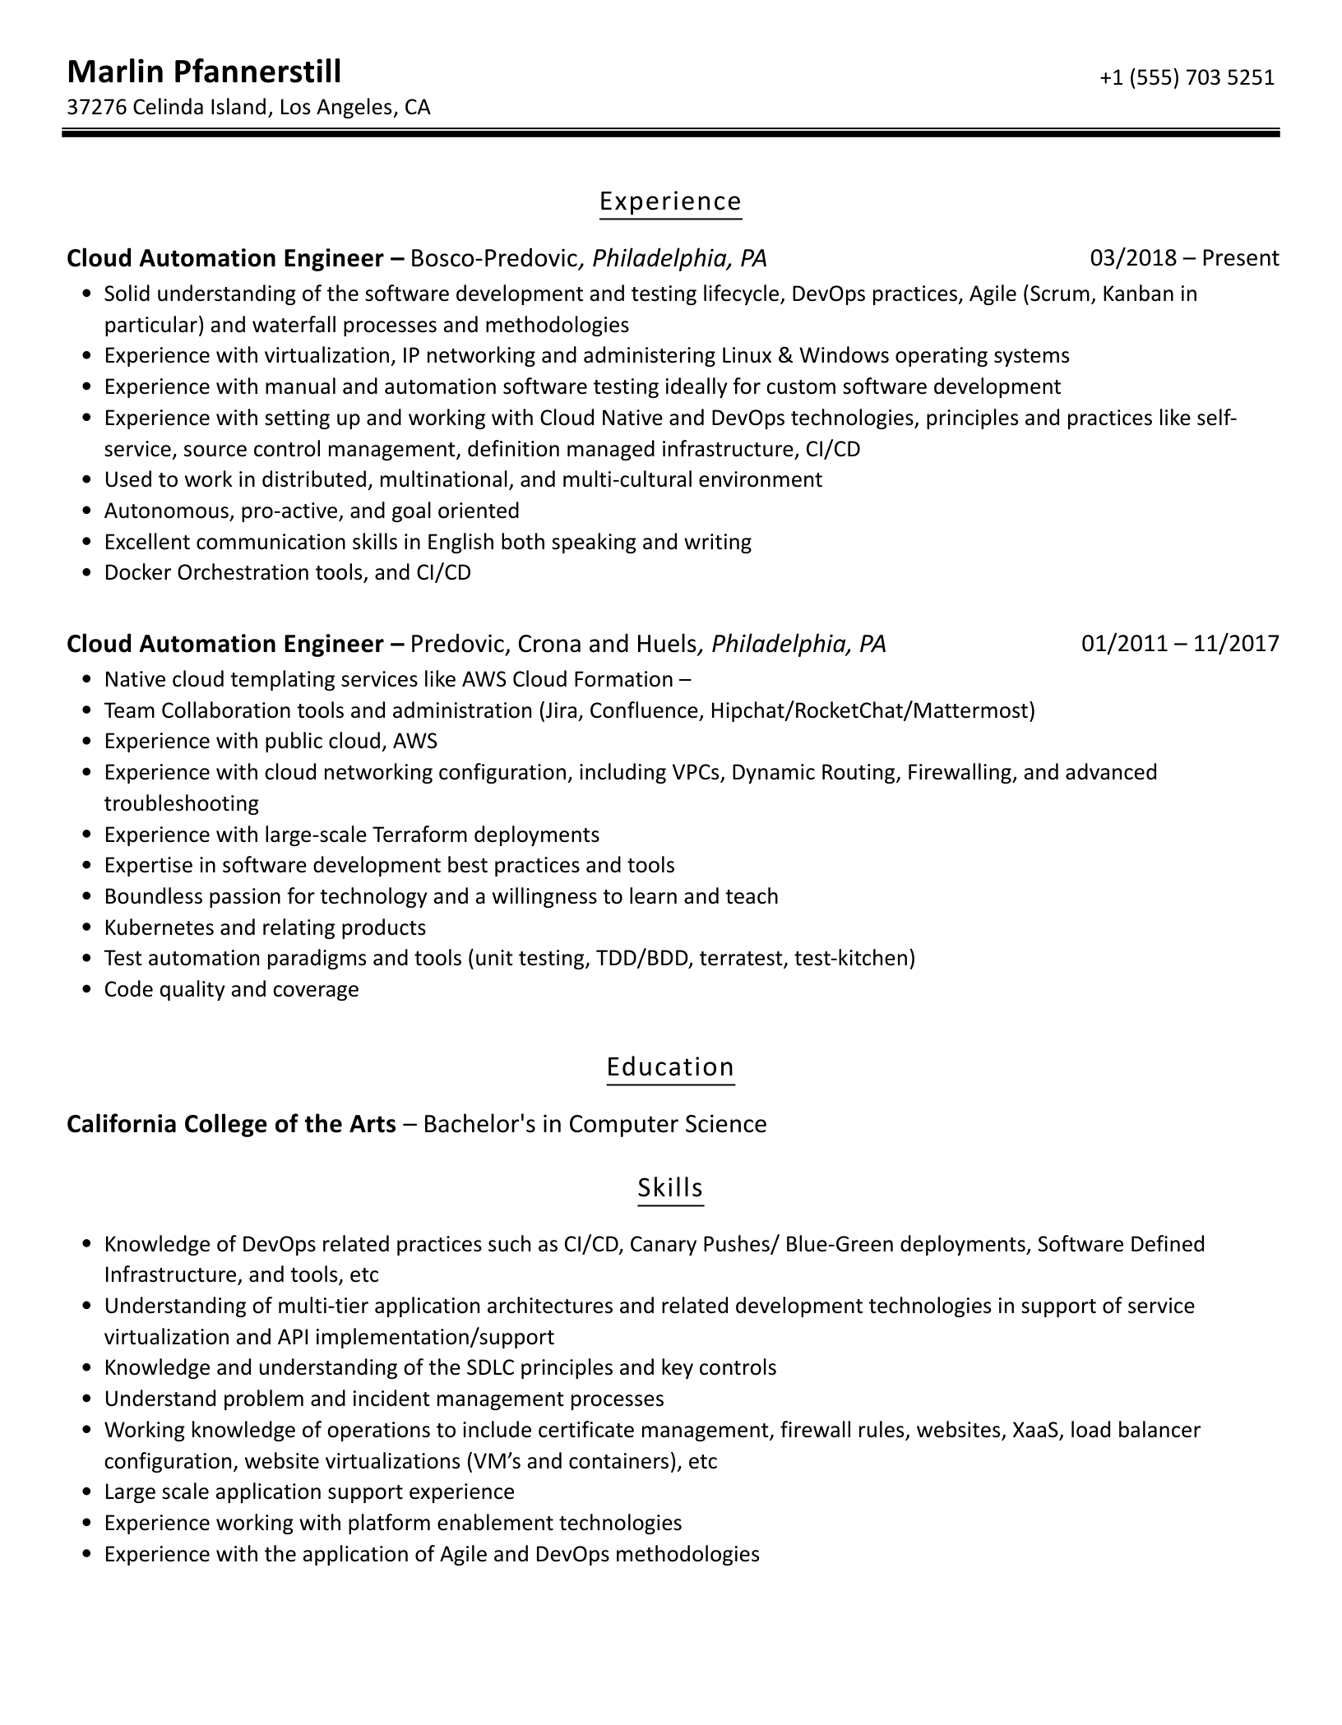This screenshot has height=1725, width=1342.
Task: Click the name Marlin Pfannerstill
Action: tap(203, 72)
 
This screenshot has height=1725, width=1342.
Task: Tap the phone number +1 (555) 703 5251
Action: tap(1187, 77)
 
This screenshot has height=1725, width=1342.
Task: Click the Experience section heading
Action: tap(670, 201)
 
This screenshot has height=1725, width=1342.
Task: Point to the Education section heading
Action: tap(670, 1066)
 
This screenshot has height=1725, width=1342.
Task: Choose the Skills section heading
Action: tap(670, 1187)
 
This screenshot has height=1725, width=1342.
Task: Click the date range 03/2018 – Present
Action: tap(1184, 258)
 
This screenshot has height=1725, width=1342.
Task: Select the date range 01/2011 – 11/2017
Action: tap(1180, 643)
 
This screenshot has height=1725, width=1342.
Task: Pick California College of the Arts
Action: tap(231, 1123)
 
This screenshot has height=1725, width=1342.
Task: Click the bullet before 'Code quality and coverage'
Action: tap(87, 989)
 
